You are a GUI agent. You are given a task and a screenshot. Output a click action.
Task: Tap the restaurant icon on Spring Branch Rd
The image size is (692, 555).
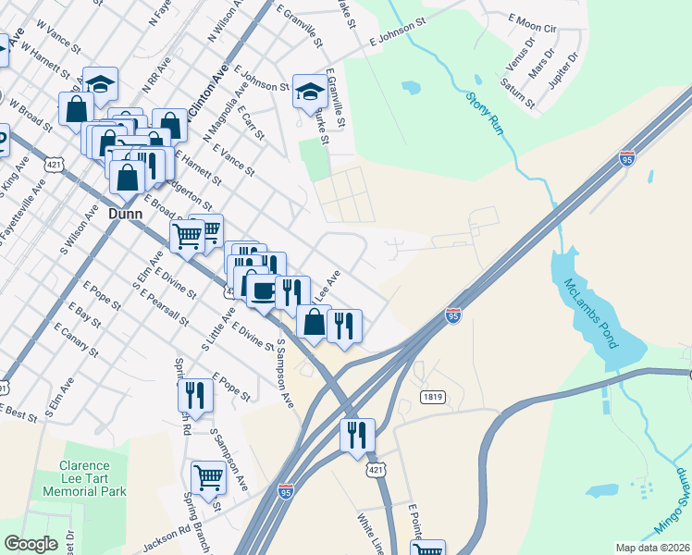[x=195, y=395]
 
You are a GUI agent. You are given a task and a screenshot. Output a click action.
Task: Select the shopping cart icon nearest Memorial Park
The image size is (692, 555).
[x=208, y=478]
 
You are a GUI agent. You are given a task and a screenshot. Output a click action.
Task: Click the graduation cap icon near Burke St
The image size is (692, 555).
[x=311, y=91]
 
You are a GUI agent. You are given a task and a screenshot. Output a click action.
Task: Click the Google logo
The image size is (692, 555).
[x=31, y=544]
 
